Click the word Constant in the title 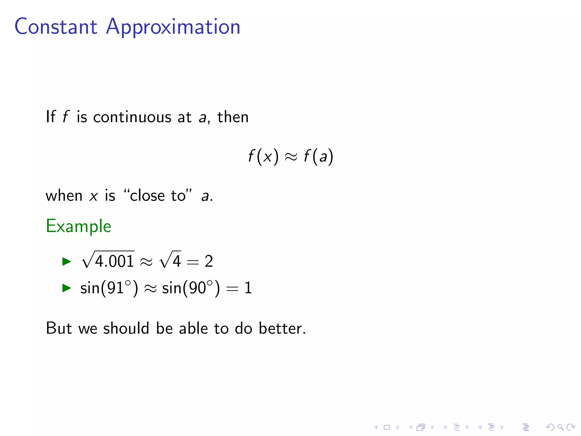56,27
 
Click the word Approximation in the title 173,27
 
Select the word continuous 132,117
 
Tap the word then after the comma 233,117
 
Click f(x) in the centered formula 263,156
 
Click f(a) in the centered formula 318,156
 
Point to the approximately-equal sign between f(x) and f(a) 291,157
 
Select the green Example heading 79,226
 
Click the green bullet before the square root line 67,261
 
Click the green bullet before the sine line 67,288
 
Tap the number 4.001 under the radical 114,261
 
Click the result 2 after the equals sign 209,261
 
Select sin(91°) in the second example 109,288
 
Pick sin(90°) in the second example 191,288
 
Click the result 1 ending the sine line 248,288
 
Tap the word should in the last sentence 126,328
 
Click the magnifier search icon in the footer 560,427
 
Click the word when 64,196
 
